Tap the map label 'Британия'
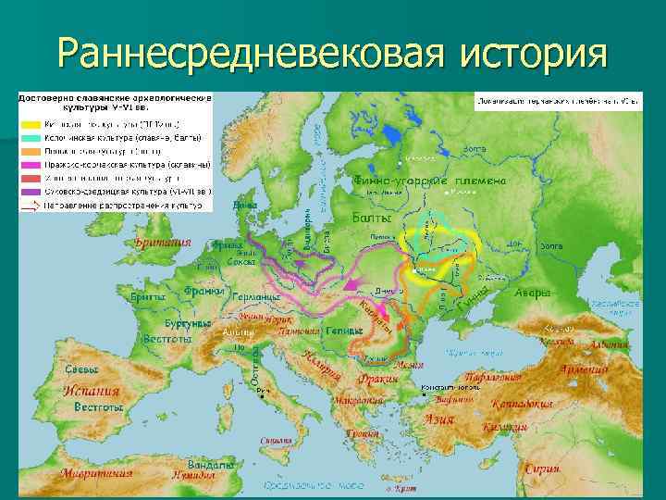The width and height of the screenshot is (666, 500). click(163, 243)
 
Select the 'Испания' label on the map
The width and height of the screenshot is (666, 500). click(92, 391)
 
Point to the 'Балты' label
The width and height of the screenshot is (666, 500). click(373, 219)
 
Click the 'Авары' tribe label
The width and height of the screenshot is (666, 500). click(532, 293)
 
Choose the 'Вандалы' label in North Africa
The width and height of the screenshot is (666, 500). click(211, 463)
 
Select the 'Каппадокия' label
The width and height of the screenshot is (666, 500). click(523, 404)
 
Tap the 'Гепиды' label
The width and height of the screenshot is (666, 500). click(342, 331)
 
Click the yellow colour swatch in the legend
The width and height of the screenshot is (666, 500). click(31, 122)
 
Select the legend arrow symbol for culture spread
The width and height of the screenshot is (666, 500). click(31, 205)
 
